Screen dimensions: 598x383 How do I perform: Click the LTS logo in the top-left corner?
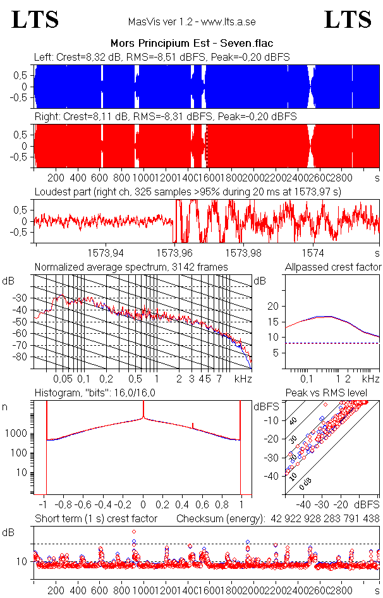(35, 20)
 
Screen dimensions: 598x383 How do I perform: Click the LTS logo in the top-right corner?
(348, 20)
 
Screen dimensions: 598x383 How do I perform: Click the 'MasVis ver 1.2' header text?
(191, 22)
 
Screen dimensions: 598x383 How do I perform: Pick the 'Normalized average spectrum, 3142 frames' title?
(131, 267)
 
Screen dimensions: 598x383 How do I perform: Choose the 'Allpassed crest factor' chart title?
(333, 267)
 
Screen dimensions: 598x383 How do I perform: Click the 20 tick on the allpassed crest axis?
(273, 306)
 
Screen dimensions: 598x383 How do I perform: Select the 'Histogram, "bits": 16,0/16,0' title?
(94, 394)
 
